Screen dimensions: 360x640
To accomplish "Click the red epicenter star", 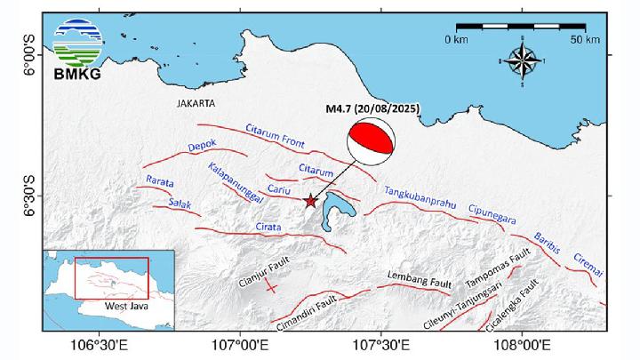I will point(310,201).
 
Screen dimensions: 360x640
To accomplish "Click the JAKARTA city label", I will point(196,103).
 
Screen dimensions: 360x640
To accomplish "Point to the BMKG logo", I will point(77,48).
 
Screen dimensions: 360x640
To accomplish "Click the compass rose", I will point(524,61).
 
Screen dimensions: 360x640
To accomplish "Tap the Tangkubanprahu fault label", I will point(420,198).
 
